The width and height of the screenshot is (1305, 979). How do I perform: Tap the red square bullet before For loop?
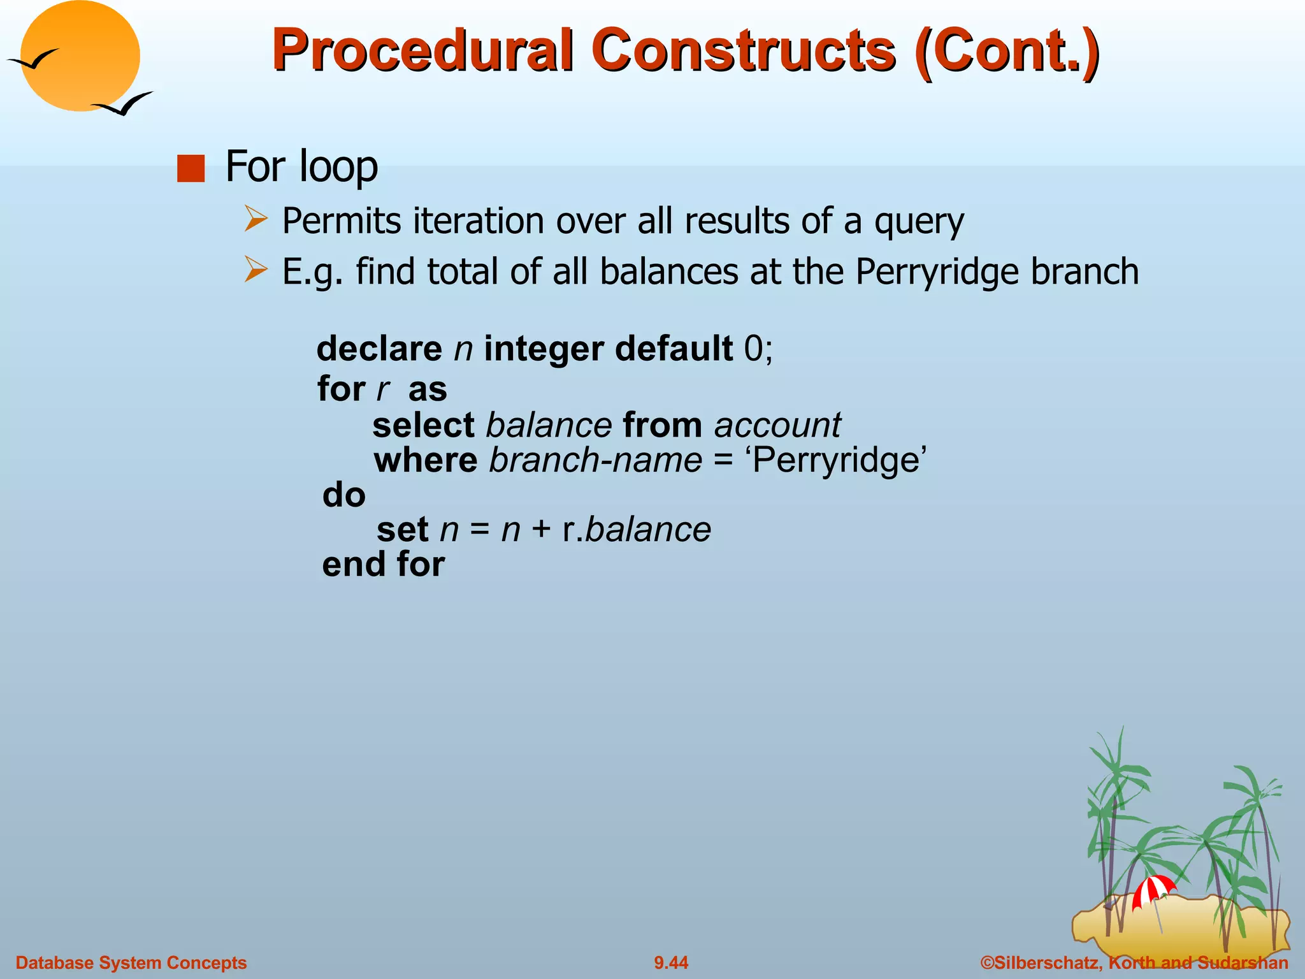(x=191, y=169)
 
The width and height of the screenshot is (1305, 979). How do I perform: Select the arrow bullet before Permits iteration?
(x=256, y=219)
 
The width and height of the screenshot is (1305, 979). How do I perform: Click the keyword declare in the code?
(x=379, y=349)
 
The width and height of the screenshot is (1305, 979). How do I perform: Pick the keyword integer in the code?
(x=544, y=349)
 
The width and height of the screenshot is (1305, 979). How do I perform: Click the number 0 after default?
(x=753, y=349)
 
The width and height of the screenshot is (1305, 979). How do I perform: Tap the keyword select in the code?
(x=423, y=425)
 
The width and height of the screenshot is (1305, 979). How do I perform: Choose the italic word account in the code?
(x=777, y=425)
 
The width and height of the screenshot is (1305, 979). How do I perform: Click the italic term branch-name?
(x=595, y=460)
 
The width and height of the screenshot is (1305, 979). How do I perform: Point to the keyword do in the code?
(x=344, y=495)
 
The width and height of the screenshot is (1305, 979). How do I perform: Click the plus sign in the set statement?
(x=541, y=530)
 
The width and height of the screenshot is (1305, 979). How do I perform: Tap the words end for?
(x=383, y=565)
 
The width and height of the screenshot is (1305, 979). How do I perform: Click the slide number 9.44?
(x=671, y=962)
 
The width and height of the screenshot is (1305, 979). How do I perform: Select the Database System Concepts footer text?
(x=131, y=962)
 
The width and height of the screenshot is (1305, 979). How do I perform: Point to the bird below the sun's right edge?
(x=124, y=104)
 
